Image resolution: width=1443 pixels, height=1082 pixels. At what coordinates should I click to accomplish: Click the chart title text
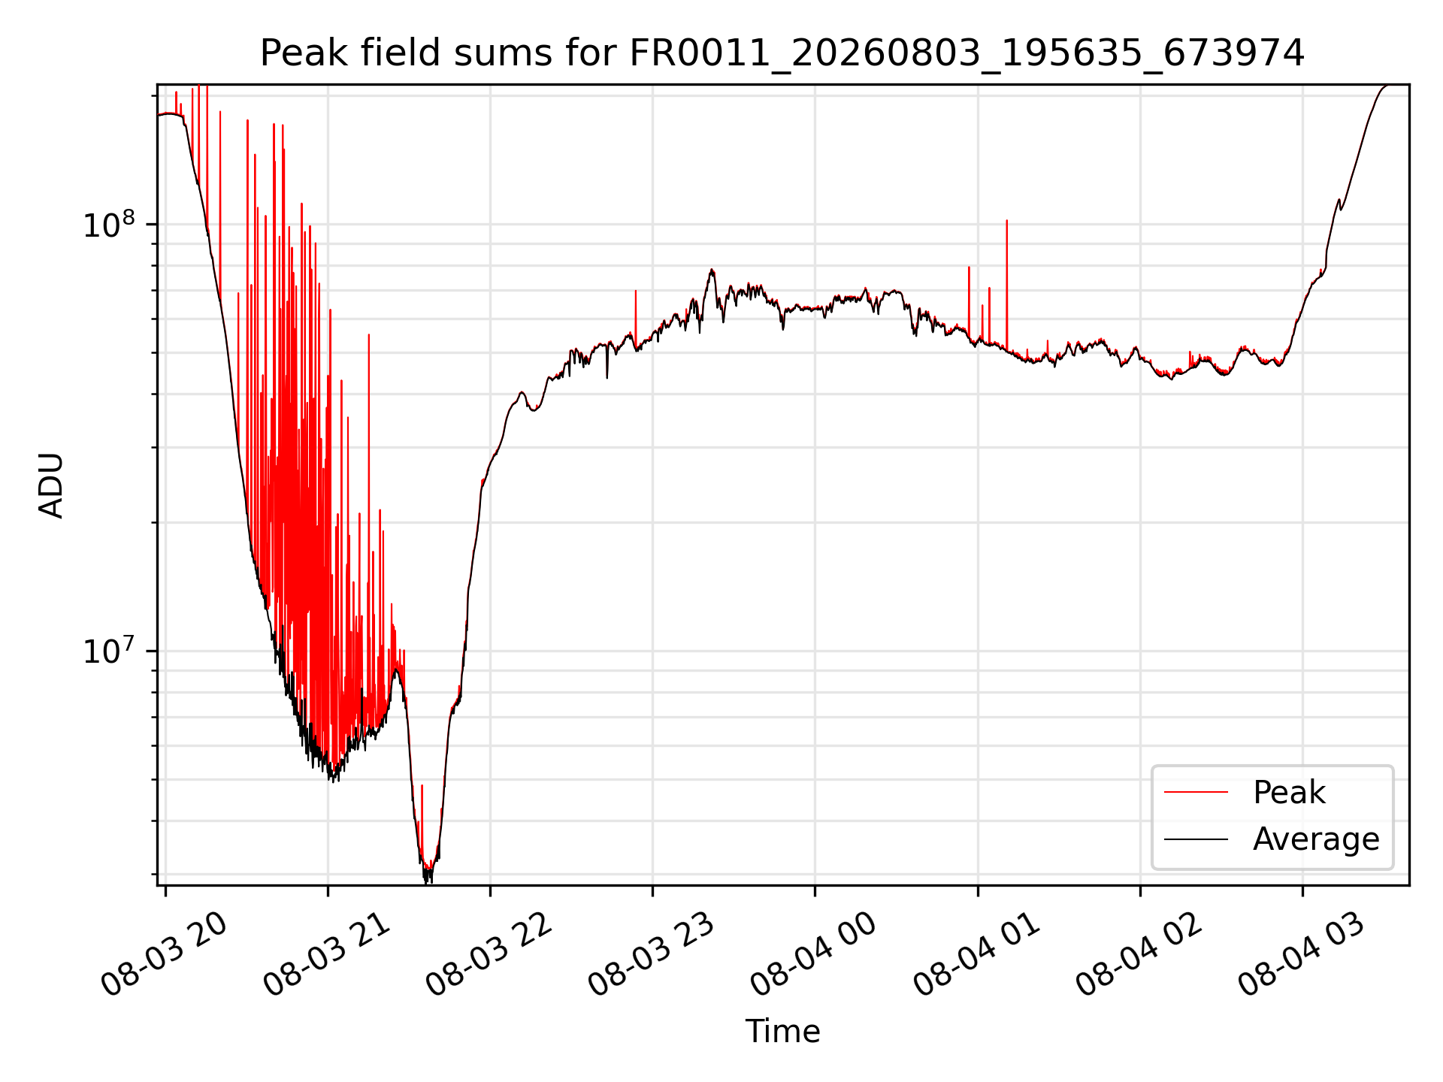(x=782, y=53)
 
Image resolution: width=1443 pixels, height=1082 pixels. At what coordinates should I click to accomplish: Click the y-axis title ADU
(x=51, y=485)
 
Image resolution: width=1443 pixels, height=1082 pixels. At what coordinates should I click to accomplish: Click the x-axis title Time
(x=782, y=1031)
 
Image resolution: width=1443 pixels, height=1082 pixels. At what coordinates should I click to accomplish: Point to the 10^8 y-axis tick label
(x=108, y=225)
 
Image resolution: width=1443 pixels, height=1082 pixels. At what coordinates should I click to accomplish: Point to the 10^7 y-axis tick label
(x=108, y=651)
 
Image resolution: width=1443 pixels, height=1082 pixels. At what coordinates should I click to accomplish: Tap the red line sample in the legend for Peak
(x=1196, y=793)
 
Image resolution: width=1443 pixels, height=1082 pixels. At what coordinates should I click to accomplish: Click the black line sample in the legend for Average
(x=1196, y=839)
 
